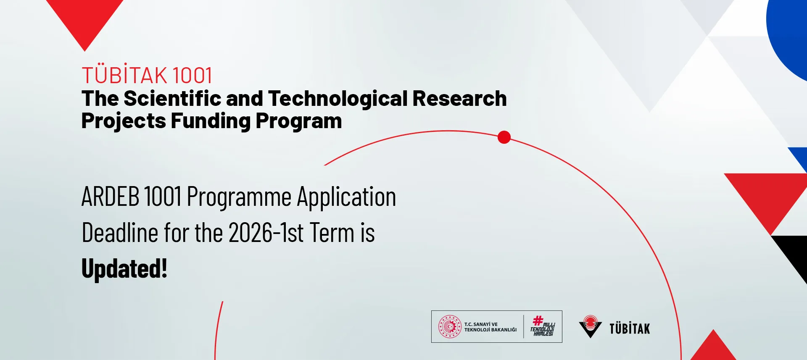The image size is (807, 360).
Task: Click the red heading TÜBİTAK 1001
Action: point(147,76)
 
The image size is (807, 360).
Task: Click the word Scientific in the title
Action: point(173,98)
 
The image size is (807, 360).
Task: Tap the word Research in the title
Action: point(459,98)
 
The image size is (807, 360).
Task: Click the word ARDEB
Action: point(110,196)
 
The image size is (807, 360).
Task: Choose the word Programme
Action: point(239,197)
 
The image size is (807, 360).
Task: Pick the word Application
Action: point(347,197)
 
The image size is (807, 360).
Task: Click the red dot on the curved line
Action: point(504,137)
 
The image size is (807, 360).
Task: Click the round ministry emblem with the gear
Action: point(450,327)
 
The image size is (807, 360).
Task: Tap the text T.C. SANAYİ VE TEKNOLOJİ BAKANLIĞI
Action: point(491,327)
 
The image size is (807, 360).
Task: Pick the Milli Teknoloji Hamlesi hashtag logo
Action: point(542,326)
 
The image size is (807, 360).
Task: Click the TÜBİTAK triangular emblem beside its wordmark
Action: point(591,326)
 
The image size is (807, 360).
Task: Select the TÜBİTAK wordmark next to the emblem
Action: point(630,328)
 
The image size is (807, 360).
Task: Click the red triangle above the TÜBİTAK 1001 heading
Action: point(84,19)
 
